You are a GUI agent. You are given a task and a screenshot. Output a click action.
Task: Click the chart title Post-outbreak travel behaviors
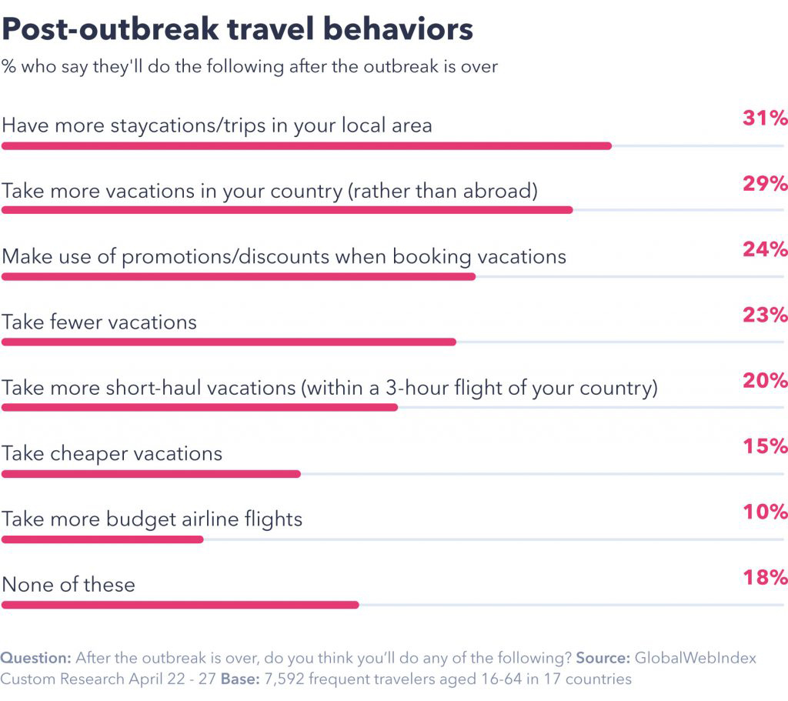(x=237, y=29)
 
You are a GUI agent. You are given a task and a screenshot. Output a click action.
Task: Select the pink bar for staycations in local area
(x=306, y=145)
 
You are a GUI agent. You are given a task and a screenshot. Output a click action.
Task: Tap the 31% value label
(x=765, y=119)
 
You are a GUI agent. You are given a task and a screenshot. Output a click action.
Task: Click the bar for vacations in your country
(x=287, y=210)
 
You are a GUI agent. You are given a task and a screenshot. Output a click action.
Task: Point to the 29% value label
(x=765, y=184)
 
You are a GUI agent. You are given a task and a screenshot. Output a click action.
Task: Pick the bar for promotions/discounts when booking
(x=239, y=275)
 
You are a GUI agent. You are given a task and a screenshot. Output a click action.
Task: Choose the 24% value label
(x=765, y=249)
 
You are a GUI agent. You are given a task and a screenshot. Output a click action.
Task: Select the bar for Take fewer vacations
(x=229, y=342)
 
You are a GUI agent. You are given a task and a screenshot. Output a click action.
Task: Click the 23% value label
(x=765, y=315)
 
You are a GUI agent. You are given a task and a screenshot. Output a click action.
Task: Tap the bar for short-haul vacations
(x=199, y=407)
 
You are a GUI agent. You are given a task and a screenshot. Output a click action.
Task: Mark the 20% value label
(x=765, y=381)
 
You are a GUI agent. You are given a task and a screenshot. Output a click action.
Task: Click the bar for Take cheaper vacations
(x=151, y=473)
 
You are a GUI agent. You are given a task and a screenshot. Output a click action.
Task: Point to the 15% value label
(x=765, y=446)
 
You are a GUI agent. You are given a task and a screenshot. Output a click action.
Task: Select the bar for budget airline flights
(x=102, y=539)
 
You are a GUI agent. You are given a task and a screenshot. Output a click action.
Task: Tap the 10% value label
(x=765, y=512)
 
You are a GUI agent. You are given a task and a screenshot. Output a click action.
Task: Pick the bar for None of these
(x=180, y=605)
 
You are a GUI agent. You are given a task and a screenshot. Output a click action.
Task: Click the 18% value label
(x=765, y=578)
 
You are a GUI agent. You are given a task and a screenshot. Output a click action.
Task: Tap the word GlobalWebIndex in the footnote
(x=695, y=659)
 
